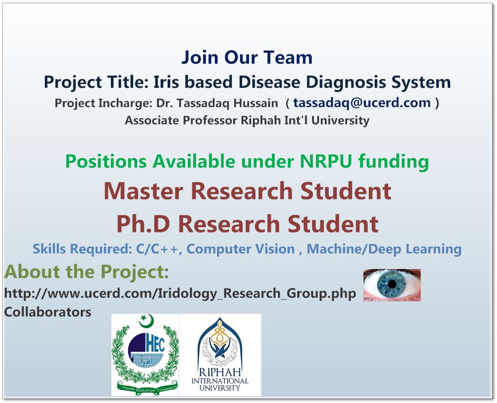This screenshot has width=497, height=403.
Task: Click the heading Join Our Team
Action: point(247,58)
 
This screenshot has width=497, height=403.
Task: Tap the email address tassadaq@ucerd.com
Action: point(362,102)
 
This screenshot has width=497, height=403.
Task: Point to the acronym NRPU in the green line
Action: point(326,161)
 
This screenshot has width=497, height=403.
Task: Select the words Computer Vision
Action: point(241,249)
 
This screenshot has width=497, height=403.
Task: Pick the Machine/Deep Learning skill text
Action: point(384,249)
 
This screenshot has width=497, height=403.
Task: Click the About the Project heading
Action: point(87,272)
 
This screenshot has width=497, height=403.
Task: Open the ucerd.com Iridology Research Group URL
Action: point(180,294)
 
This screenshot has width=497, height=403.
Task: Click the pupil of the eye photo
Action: point(392,284)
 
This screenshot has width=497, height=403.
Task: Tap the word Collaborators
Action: point(47,312)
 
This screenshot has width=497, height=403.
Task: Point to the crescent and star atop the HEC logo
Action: point(146,321)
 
